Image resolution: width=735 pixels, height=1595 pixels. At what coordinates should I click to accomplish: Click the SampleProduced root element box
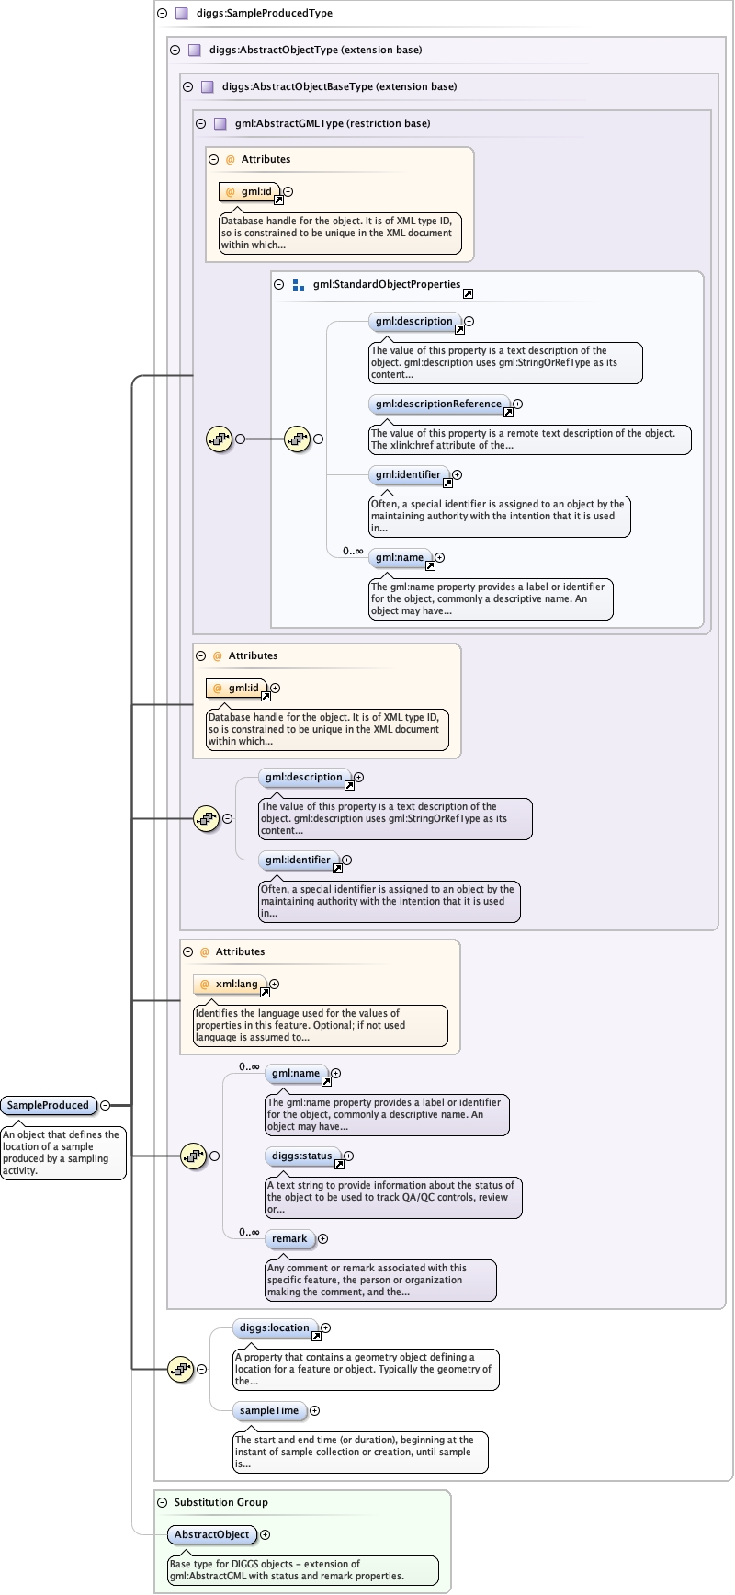pyautogui.click(x=48, y=1105)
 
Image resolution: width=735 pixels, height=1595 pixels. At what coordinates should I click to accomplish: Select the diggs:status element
pyautogui.click(x=300, y=1156)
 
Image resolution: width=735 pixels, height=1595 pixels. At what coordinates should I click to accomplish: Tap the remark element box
pyautogui.click(x=289, y=1238)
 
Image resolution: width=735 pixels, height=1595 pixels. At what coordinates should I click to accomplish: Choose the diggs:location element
pyautogui.click(x=274, y=1327)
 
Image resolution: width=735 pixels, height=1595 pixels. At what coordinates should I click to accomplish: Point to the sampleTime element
pyautogui.click(x=268, y=1410)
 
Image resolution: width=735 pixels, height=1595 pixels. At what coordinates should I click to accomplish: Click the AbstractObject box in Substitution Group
pyautogui.click(x=211, y=1534)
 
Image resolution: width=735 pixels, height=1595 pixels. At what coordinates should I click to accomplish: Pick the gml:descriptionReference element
pyautogui.click(x=438, y=404)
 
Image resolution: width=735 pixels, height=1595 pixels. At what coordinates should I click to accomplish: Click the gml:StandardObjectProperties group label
pyautogui.click(x=386, y=284)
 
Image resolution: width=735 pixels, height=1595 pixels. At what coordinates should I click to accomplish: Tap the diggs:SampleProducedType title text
pyautogui.click(x=264, y=14)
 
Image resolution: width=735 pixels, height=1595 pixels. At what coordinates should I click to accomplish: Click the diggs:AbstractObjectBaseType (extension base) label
pyautogui.click(x=339, y=86)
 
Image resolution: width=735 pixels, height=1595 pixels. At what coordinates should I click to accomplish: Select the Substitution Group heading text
pyautogui.click(x=220, y=1502)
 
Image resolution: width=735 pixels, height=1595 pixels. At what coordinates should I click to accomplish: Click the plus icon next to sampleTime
pyautogui.click(x=314, y=1410)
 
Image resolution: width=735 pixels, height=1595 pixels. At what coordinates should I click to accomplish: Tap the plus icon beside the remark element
pyautogui.click(x=322, y=1239)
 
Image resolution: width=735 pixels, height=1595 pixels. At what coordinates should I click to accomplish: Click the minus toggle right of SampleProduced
pyautogui.click(x=106, y=1105)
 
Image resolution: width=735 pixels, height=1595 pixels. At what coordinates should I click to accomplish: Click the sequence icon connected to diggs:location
pyautogui.click(x=181, y=1369)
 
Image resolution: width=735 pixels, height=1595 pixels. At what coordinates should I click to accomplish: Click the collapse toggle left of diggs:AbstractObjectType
pyautogui.click(x=175, y=50)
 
